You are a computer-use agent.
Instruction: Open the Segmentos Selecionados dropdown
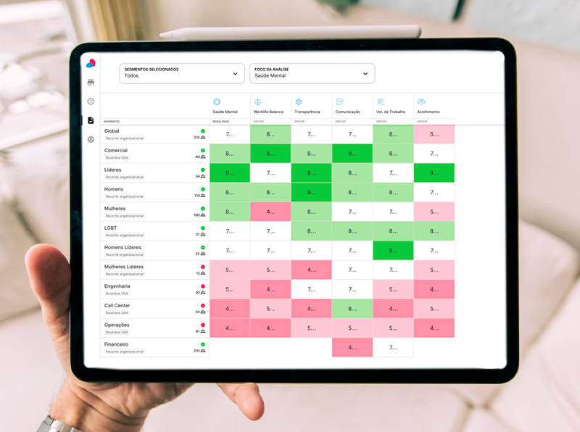coord(181,73)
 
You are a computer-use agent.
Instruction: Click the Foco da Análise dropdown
coord(312,73)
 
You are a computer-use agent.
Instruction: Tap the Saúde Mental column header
coord(225,107)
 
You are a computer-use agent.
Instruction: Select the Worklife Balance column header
coord(270,107)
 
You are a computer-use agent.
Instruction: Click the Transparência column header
coord(312,107)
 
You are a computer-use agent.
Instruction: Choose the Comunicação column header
coord(352,107)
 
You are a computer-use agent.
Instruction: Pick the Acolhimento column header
coord(434,107)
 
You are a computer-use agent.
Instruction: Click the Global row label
coord(112,131)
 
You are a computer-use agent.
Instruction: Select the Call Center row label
coord(117,305)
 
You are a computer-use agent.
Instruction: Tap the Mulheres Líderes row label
coord(124,267)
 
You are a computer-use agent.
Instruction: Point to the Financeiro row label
coord(116,344)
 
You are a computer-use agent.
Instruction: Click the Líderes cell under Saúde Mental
coord(230,173)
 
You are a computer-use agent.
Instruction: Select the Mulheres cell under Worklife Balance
coord(270,212)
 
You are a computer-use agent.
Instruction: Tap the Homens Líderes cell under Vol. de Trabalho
coord(393,251)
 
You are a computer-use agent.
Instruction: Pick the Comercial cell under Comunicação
coord(352,154)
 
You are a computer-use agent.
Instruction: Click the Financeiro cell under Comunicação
coord(352,347)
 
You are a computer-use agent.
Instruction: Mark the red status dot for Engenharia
coord(203,286)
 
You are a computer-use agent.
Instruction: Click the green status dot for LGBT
coord(203,228)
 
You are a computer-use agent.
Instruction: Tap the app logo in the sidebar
coord(91,63)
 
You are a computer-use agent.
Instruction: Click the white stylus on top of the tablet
coord(290,33)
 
